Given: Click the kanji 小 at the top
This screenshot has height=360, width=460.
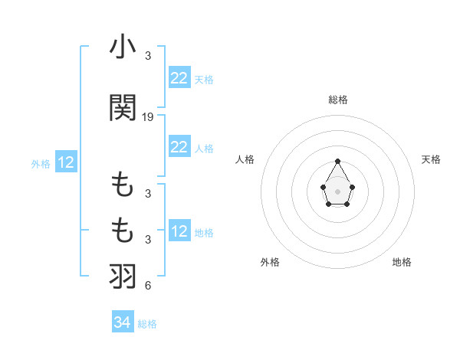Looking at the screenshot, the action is pyautogui.click(x=123, y=47).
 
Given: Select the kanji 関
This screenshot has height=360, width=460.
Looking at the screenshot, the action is pyautogui.click(x=123, y=108).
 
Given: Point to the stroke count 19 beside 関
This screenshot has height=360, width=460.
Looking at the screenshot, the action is pyautogui.click(x=148, y=117).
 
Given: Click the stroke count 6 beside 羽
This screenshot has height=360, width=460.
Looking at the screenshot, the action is pyautogui.click(x=148, y=286).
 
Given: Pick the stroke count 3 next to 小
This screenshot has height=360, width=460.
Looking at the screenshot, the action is pyautogui.click(x=148, y=56).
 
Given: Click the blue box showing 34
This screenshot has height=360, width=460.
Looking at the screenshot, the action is pyautogui.click(x=123, y=322).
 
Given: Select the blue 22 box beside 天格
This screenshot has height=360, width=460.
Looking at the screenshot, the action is pyautogui.click(x=179, y=78).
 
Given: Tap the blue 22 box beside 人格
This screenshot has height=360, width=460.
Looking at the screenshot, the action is pyautogui.click(x=179, y=147).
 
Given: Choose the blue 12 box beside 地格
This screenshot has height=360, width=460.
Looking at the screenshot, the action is pyautogui.click(x=179, y=231).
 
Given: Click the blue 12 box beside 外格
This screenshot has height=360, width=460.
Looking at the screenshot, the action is pyautogui.click(x=66, y=162).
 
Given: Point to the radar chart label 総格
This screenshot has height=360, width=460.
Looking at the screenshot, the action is pyautogui.click(x=338, y=100).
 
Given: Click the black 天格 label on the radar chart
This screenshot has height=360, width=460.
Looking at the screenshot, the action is pyautogui.click(x=432, y=159).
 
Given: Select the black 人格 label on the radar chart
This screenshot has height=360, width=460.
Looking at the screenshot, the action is pyautogui.click(x=245, y=159).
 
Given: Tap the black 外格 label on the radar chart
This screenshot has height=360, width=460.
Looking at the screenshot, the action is pyautogui.click(x=270, y=262).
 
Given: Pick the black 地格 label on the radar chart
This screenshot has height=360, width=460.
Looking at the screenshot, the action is pyautogui.click(x=402, y=262).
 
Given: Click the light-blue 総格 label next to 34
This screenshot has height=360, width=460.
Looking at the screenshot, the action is pyautogui.click(x=147, y=324).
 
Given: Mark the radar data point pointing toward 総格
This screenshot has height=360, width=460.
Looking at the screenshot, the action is pyautogui.click(x=338, y=161).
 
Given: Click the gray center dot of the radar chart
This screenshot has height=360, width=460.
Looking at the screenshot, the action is pyautogui.click(x=338, y=190).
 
